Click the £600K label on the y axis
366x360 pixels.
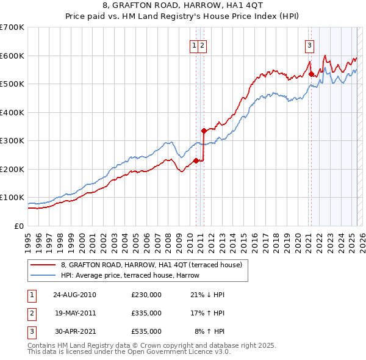click(x=12, y=56)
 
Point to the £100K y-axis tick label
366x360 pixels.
click(x=12, y=198)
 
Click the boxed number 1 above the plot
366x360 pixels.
click(x=195, y=45)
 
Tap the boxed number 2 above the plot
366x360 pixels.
click(x=202, y=45)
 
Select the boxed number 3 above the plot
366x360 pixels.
click(x=309, y=45)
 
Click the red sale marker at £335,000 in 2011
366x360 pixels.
click(x=204, y=131)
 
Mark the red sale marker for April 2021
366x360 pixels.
click(x=311, y=74)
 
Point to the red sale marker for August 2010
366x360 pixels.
click(x=196, y=160)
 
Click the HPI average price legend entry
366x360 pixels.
click(x=130, y=275)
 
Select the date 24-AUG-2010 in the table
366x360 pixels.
click(x=74, y=295)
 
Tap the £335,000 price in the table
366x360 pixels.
click(x=146, y=313)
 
